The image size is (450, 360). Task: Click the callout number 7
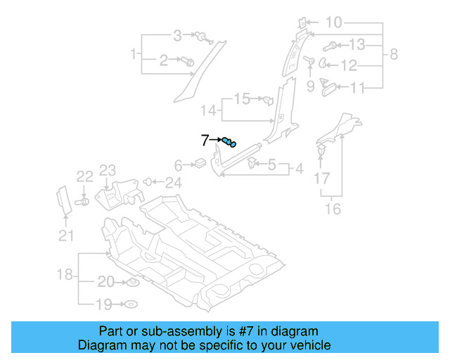coord(205,140)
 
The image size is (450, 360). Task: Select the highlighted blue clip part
coord(229,143)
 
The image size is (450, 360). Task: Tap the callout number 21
coord(65,236)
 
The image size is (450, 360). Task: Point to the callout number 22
coord(84,176)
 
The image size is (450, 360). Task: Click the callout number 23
coord(107,170)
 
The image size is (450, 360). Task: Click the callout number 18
coord(65,274)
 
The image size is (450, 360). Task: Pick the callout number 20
coord(105,282)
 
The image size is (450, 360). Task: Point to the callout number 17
coord(321,179)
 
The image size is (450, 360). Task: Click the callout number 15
coord(241,98)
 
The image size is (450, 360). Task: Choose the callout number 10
coord(333,23)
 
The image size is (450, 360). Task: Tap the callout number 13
coord(357,46)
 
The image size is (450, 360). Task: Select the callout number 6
coord(179,165)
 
